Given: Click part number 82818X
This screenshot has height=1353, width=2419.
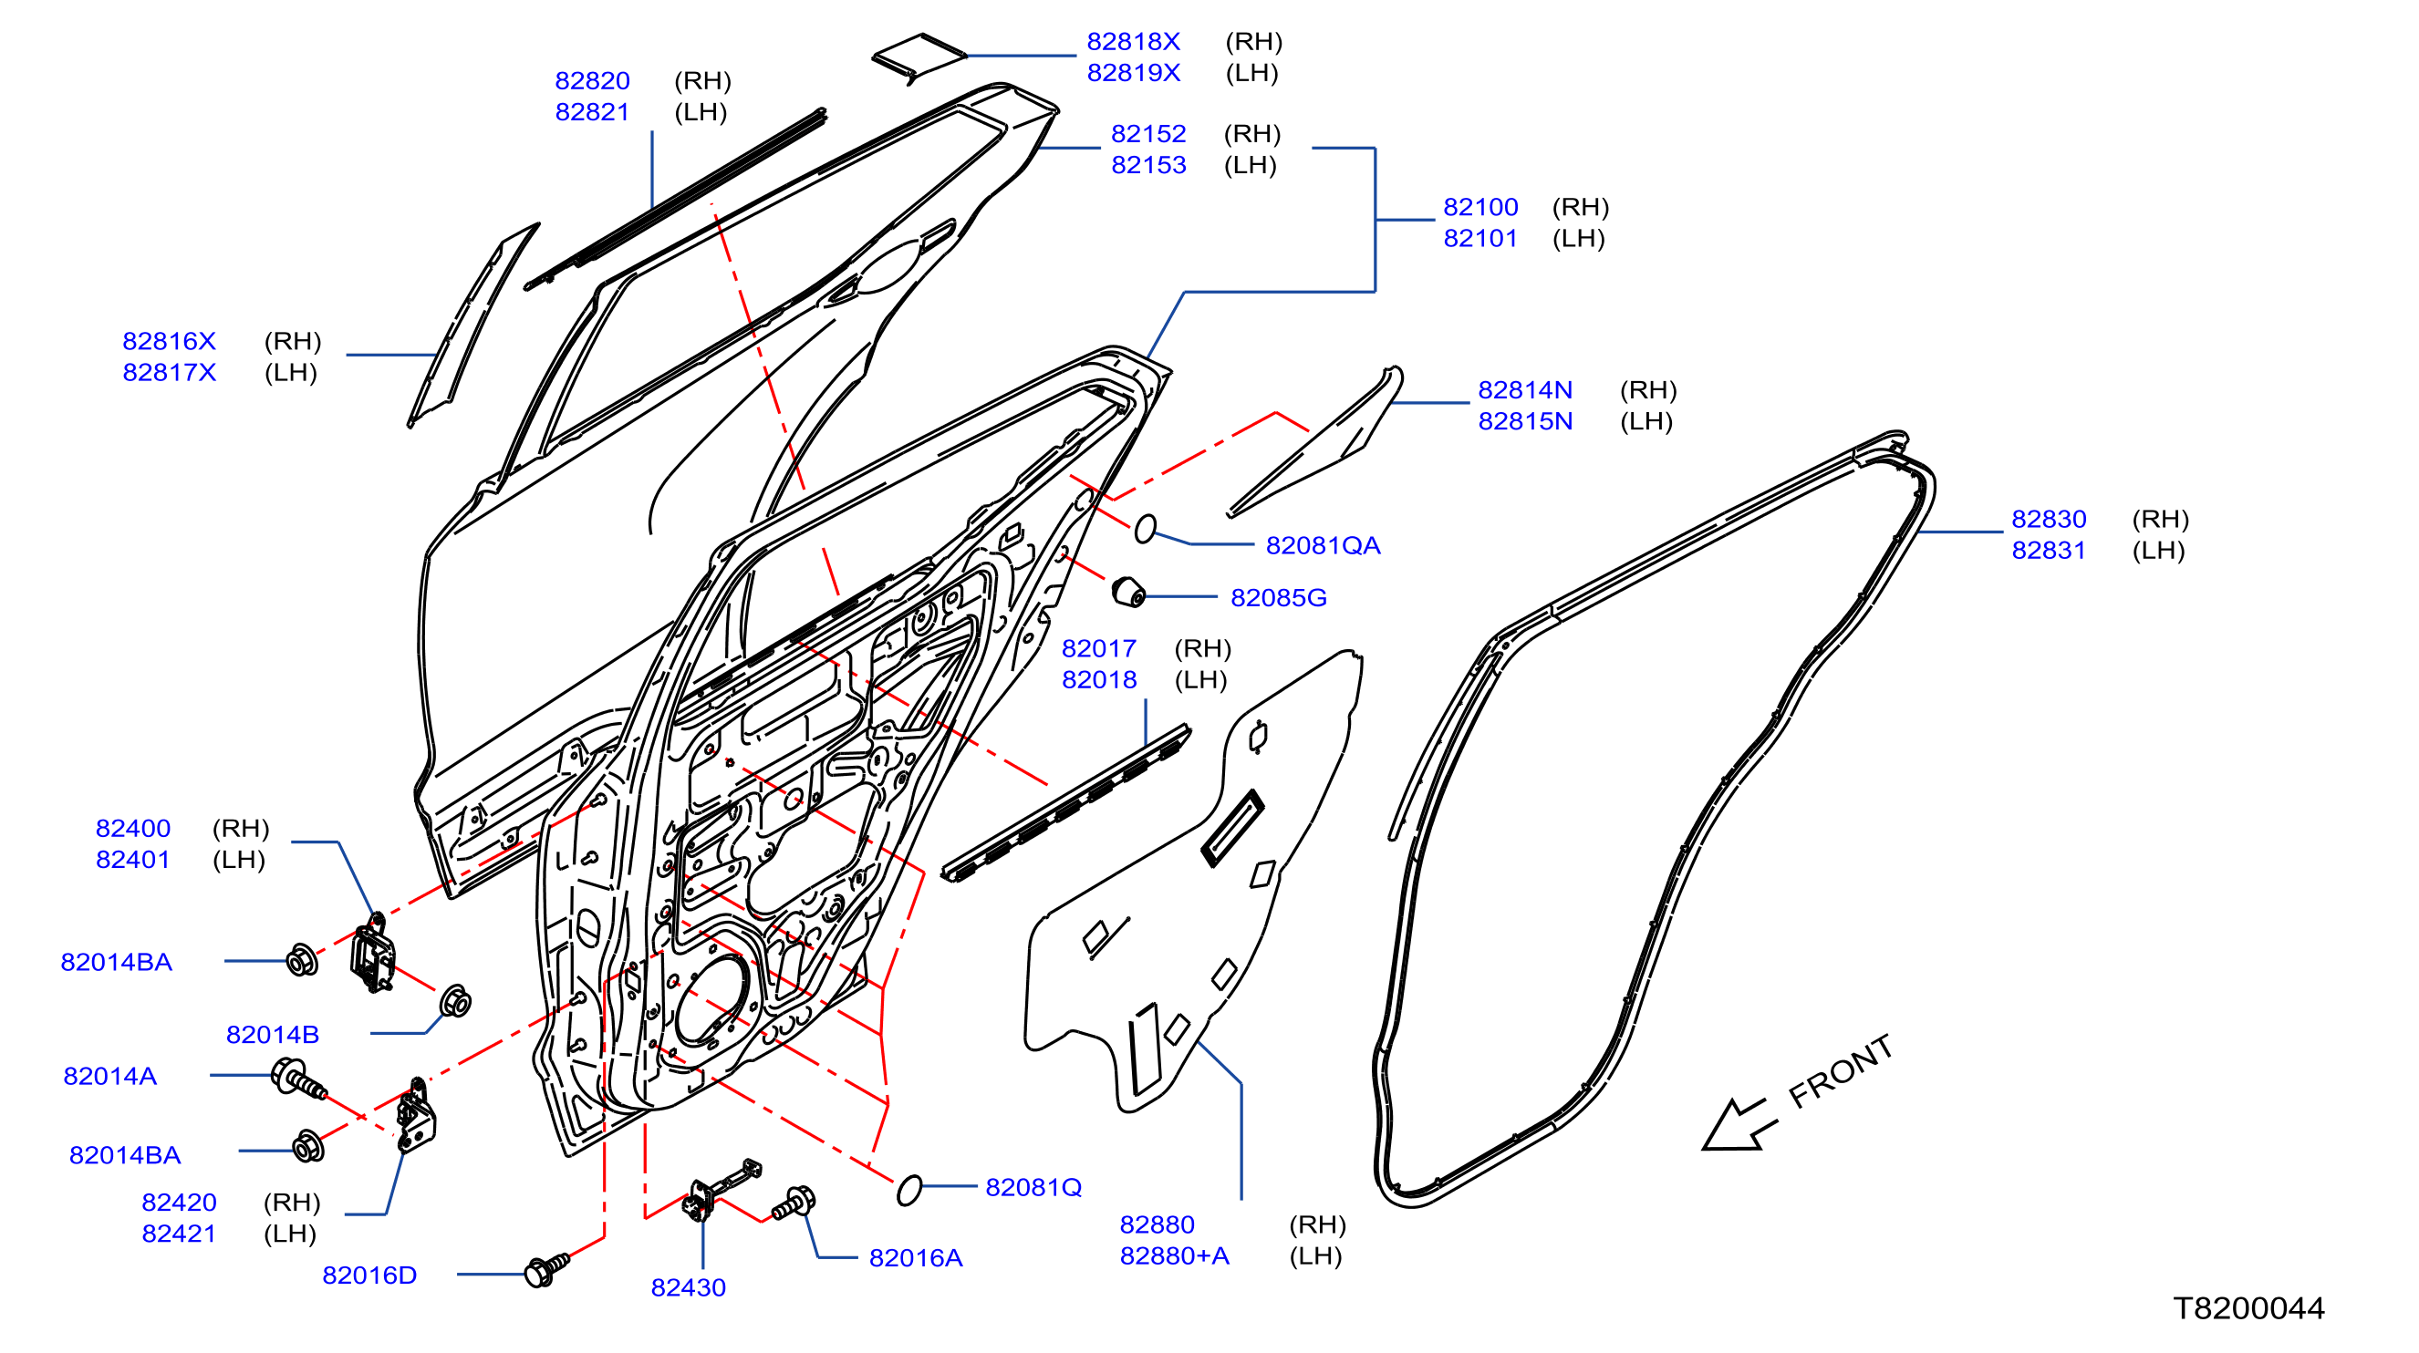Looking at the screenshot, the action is (1133, 41).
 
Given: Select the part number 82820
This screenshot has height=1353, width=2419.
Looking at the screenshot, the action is (592, 81).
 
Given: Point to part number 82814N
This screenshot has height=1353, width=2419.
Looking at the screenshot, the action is (1524, 389).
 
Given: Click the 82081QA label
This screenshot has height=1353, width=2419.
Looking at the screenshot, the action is (1323, 545).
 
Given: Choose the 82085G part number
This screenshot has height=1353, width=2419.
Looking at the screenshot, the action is (1278, 597).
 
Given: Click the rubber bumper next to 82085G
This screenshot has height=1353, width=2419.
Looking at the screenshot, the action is (1127, 592).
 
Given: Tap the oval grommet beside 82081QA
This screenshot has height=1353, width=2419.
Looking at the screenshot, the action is (1145, 529).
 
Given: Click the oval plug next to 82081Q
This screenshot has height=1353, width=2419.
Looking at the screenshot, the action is (909, 1190).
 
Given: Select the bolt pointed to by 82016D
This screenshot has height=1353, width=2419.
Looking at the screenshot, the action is (545, 1268).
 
